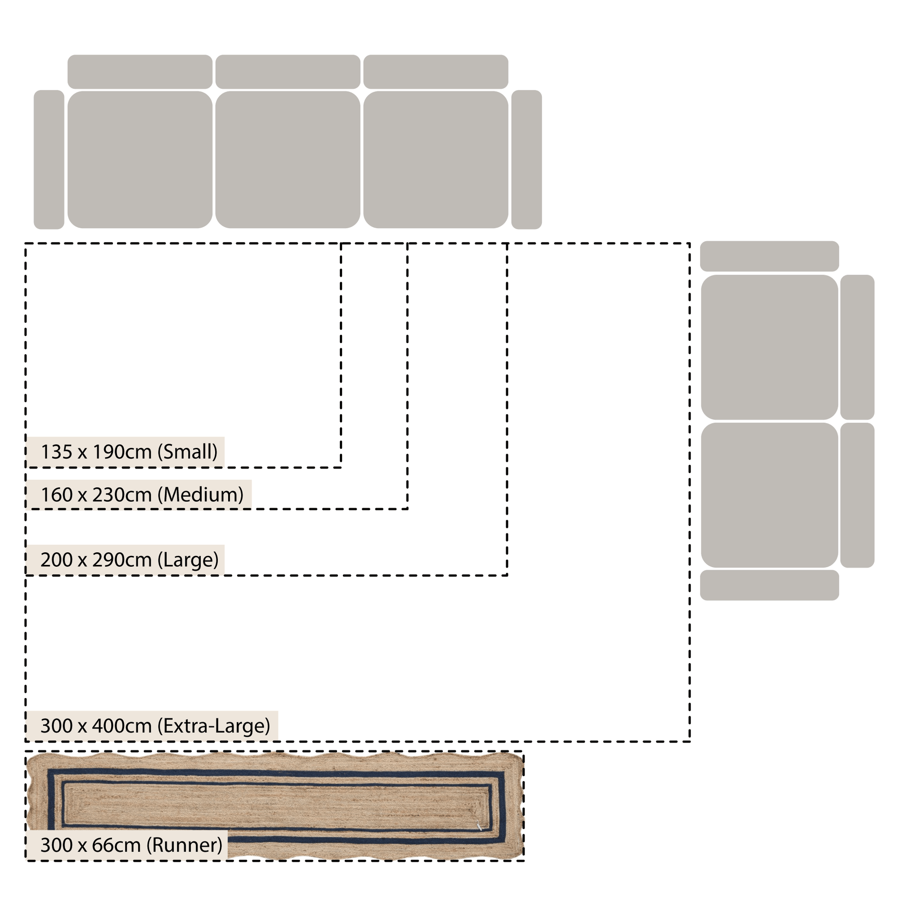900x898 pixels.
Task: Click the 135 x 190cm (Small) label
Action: (129, 451)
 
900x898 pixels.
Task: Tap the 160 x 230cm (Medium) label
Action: (142, 494)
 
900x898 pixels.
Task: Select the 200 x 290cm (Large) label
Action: (129, 559)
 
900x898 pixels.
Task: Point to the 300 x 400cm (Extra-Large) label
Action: (155, 726)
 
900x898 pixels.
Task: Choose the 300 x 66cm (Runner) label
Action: (131, 845)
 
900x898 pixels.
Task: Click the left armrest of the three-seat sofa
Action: (49, 159)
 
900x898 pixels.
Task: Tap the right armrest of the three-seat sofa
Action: (526, 159)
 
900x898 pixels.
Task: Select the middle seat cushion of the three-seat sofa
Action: (288, 159)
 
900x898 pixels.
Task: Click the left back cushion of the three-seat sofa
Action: (140, 72)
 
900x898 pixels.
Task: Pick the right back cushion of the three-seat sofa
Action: (436, 72)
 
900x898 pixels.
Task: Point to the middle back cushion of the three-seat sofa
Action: (288, 72)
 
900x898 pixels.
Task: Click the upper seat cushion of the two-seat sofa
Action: (769, 347)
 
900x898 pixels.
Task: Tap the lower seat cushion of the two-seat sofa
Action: (769, 495)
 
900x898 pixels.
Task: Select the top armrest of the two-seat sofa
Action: (769, 256)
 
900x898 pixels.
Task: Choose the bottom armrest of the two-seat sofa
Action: (769, 585)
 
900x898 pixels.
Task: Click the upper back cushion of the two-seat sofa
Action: (857, 347)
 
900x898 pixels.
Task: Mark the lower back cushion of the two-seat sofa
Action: (857, 495)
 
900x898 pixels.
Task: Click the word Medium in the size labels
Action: (201, 494)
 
